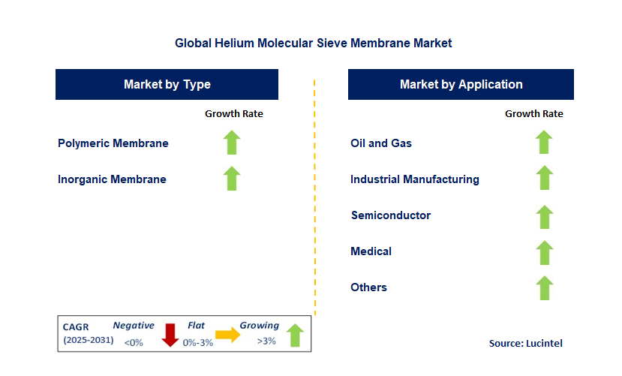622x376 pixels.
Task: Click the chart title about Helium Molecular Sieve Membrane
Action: pyautogui.click(x=313, y=43)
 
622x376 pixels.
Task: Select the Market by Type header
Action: pyautogui.click(x=167, y=84)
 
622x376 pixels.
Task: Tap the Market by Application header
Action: pyautogui.click(x=461, y=84)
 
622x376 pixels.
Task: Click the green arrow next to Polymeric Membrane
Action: pyautogui.click(x=232, y=143)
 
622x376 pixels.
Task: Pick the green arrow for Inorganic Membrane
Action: pyautogui.click(x=232, y=179)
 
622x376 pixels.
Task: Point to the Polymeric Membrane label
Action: pyautogui.click(x=113, y=143)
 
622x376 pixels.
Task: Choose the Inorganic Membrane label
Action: pyautogui.click(x=112, y=179)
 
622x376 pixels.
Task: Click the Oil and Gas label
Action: pyautogui.click(x=381, y=143)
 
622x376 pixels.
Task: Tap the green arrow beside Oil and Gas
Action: pyautogui.click(x=544, y=143)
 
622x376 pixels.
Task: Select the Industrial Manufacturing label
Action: pyautogui.click(x=415, y=179)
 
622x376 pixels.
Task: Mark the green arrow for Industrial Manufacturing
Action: pyautogui.click(x=544, y=179)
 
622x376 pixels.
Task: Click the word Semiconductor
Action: pyautogui.click(x=391, y=215)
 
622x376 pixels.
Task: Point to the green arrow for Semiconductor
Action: pyautogui.click(x=544, y=217)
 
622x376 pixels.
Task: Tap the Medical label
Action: pyautogui.click(x=371, y=251)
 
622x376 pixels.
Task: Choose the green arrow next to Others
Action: pyautogui.click(x=544, y=288)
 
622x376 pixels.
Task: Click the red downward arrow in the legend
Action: pyautogui.click(x=170, y=335)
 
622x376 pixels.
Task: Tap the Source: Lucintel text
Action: pyautogui.click(x=525, y=343)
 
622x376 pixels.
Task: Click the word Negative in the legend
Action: pyautogui.click(x=134, y=326)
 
